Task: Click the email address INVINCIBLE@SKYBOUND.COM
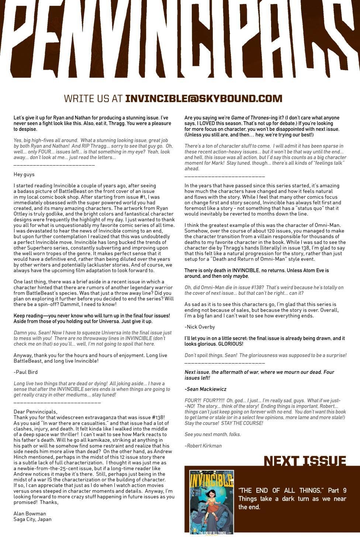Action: click(x=204, y=99)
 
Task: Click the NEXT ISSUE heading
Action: click(x=305, y=461)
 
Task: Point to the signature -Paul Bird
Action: click(x=25, y=372)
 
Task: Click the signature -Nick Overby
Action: click(x=200, y=327)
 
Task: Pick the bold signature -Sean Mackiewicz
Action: click(x=205, y=389)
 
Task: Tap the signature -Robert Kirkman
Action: click(x=203, y=445)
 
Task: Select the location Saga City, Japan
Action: click(x=32, y=519)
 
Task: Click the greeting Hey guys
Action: click(x=24, y=174)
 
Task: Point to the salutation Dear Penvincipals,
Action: click(x=35, y=411)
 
